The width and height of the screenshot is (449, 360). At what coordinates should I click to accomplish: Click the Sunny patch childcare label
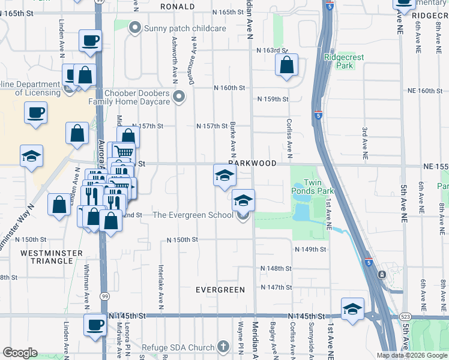pos(184,28)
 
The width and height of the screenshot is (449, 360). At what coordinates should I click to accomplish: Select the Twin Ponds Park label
pos(318,187)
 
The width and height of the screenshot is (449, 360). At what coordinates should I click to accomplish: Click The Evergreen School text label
pos(193,215)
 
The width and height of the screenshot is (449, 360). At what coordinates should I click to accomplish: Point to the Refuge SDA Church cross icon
pos(223,347)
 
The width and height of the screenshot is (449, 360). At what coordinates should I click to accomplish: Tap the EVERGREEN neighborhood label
pos(220,290)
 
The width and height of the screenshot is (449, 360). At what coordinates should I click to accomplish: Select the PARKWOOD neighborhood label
pos(252,163)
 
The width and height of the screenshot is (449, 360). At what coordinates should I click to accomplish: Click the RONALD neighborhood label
pos(177,7)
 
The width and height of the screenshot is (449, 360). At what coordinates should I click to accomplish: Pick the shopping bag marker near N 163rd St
pos(287,65)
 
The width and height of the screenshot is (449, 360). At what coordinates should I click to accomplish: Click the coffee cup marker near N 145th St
pos(95,326)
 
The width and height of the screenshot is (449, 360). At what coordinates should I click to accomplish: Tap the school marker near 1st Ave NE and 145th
pos(352,310)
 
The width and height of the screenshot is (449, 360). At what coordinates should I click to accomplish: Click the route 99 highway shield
pos(106,296)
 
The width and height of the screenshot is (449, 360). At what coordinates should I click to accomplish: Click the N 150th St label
pos(182,240)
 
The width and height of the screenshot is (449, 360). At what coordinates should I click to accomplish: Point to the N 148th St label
pos(276,268)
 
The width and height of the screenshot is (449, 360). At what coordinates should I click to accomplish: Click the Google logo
pos(20,353)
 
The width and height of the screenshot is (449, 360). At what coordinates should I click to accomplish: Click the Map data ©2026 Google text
pos(411,355)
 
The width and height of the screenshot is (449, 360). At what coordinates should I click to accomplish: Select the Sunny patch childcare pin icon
pos(134,28)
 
